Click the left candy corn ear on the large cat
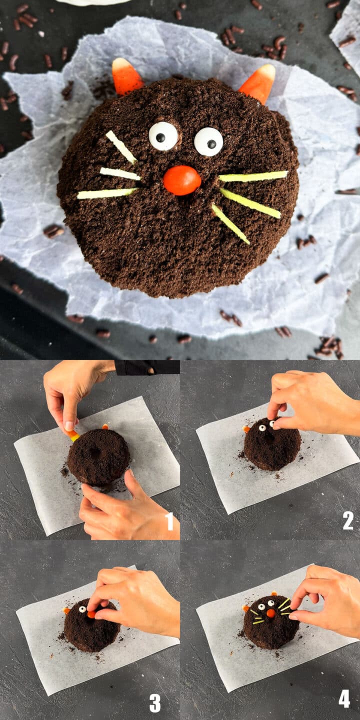click(126, 77)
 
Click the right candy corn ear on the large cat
click(258, 82)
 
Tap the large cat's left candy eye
click(163, 135)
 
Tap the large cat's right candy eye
click(208, 141)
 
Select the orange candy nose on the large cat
click(182, 180)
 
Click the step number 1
click(169, 521)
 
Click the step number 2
click(348, 520)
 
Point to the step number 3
click(155, 702)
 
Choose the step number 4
click(344, 698)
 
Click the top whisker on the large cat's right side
click(253, 176)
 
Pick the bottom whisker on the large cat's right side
click(230, 223)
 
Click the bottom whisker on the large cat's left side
click(107, 193)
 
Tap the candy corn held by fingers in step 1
click(73, 434)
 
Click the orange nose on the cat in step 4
click(270, 613)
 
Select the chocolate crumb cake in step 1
click(98, 457)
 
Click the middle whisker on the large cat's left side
click(120, 173)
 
